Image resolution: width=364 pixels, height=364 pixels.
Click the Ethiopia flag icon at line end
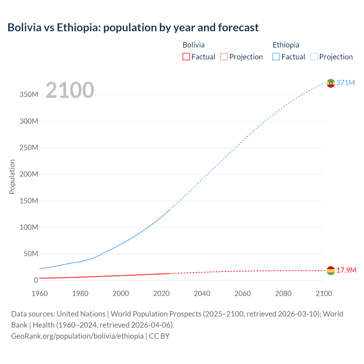click(x=331, y=83)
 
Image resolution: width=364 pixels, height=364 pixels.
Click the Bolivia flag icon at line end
click(x=331, y=271)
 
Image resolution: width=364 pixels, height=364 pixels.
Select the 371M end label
click(x=346, y=83)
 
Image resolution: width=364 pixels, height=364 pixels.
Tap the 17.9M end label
click(x=346, y=270)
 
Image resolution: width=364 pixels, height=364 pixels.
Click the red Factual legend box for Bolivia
click(x=186, y=57)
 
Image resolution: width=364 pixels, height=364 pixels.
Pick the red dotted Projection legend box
click(x=224, y=57)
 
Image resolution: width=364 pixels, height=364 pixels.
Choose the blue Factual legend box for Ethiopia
click(x=276, y=57)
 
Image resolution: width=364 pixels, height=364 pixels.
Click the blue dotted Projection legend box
click(x=314, y=57)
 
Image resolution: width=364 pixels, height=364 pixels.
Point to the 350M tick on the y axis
click(x=29, y=95)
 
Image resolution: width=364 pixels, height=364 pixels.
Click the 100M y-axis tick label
click(x=29, y=227)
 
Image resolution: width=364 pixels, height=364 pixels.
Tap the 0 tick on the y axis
click(x=36, y=280)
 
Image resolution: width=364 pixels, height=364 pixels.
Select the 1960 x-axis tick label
click(x=40, y=293)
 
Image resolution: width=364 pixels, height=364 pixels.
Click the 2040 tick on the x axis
click(x=202, y=293)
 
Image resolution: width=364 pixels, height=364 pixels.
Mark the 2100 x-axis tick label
click(x=324, y=293)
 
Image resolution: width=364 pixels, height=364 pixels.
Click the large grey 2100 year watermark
click(x=70, y=90)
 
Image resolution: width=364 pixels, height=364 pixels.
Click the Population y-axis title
click(x=12, y=177)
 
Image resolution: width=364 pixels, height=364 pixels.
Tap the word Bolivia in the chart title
click(x=24, y=28)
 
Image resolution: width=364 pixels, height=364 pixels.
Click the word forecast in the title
click(x=238, y=28)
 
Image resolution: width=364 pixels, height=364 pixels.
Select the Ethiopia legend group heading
click(x=286, y=45)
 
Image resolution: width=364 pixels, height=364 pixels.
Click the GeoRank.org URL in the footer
click(x=77, y=336)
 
